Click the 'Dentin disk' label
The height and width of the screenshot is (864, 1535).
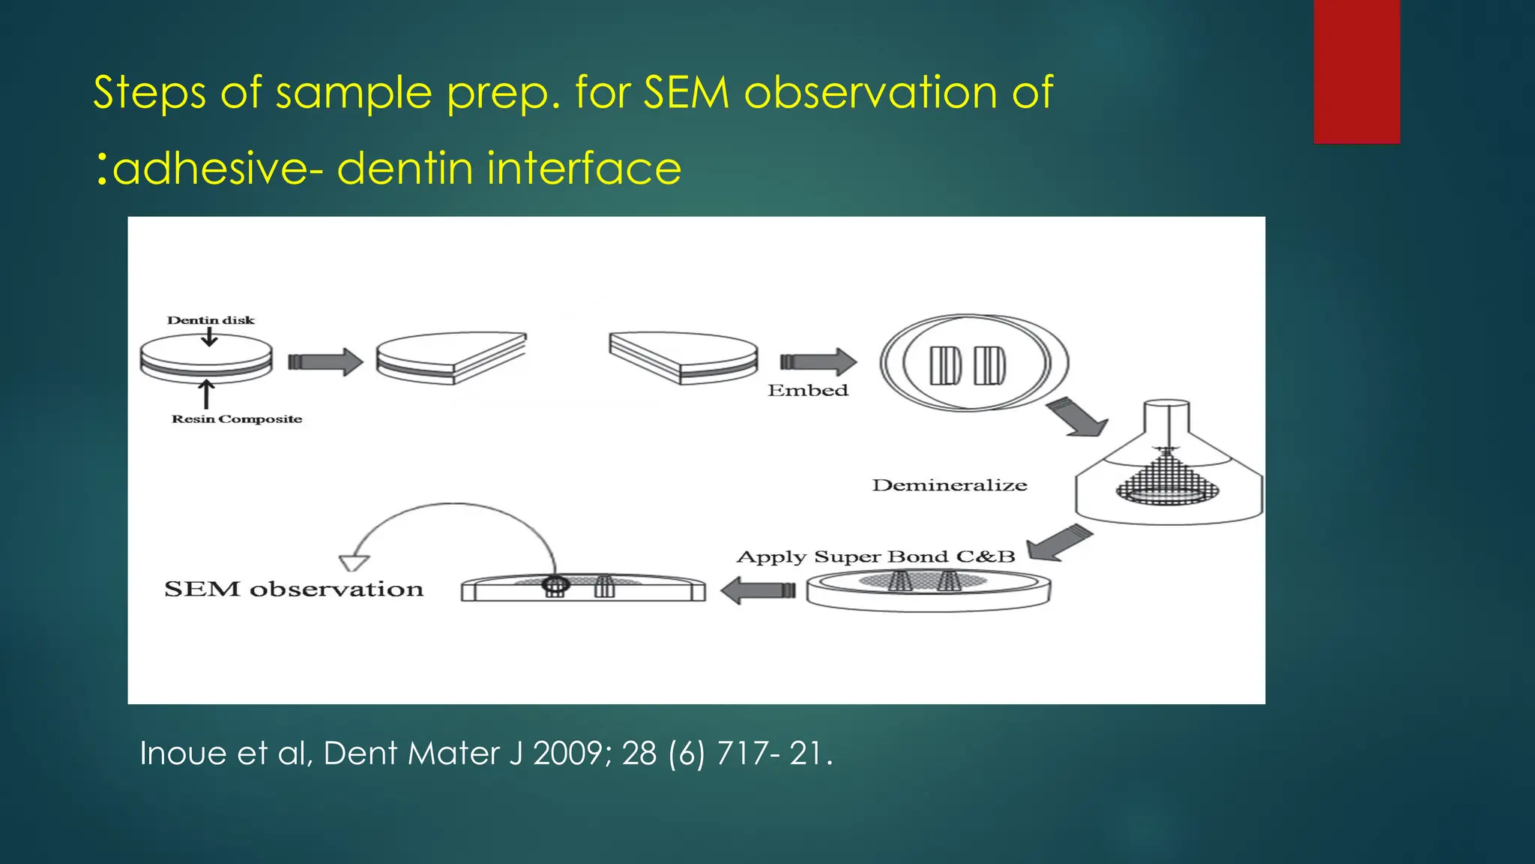coord(211,320)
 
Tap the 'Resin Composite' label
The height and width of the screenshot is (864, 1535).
coord(237,419)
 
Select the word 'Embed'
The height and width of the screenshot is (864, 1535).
coord(808,391)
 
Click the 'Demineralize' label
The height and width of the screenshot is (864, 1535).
coord(950,485)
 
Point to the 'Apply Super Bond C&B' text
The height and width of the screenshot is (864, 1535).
coord(875,557)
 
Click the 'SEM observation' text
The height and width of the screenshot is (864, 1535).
coord(294,589)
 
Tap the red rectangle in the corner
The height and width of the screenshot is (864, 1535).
coord(1357,71)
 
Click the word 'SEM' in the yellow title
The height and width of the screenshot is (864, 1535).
coord(687,93)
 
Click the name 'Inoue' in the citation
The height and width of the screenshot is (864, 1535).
coord(183,753)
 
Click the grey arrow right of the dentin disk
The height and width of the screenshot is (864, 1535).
coord(326,361)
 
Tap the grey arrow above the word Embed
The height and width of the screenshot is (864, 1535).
coord(818,361)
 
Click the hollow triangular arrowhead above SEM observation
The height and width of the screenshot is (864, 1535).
coord(354,562)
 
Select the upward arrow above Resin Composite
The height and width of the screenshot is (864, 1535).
coord(206,394)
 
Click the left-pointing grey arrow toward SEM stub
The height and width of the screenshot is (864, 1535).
coord(757,590)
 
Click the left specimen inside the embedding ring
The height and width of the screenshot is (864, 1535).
coord(945,365)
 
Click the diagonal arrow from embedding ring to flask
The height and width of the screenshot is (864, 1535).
coord(1076,417)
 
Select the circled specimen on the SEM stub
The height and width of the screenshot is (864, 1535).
coord(555,585)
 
